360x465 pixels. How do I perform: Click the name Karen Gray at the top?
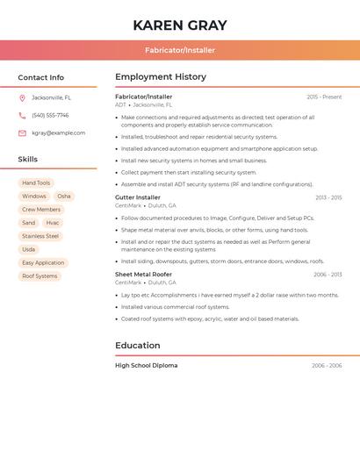[x=180, y=25]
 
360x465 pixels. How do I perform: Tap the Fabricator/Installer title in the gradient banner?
[x=180, y=50]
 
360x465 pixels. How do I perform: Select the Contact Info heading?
[x=40, y=77]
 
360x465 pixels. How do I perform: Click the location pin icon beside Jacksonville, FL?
[x=22, y=98]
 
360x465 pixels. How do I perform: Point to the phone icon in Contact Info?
[x=22, y=116]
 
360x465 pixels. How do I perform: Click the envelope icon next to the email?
[x=22, y=133]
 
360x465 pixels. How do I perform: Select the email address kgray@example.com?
[x=59, y=133]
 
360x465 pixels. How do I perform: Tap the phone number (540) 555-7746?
[x=50, y=116]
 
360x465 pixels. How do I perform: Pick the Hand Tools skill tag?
[x=36, y=183]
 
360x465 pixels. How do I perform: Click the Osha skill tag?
[x=64, y=197]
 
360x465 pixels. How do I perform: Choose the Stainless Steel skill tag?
[x=40, y=236]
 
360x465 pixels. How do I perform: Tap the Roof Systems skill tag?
[x=40, y=276]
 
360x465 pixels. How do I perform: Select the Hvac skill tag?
[x=53, y=223]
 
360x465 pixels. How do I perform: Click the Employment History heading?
[x=161, y=77]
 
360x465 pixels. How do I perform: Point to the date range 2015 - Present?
[x=324, y=97]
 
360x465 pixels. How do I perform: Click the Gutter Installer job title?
[x=138, y=197]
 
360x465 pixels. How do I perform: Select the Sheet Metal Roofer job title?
[x=143, y=275]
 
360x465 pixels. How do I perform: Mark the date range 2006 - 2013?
[x=327, y=275]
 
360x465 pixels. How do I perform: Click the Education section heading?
[x=138, y=346]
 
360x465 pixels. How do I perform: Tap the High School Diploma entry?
[x=146, y=365]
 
